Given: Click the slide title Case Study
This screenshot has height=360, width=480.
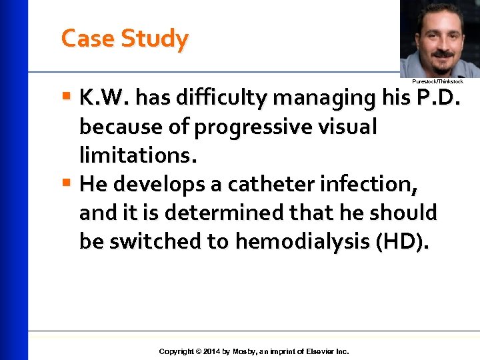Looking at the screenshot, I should pyautogui.click(x=125, y=39).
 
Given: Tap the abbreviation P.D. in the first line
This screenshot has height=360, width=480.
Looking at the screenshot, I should pyautogui.click(x=437, y=99).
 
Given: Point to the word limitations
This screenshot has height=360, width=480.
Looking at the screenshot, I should pyautogui.click(x=138, y=155).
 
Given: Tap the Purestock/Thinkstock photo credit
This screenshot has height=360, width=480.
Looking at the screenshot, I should pyautogui.click(x=437, y=81).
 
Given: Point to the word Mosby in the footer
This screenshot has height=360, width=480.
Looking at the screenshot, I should pyautogui.click(x=245, y=351).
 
